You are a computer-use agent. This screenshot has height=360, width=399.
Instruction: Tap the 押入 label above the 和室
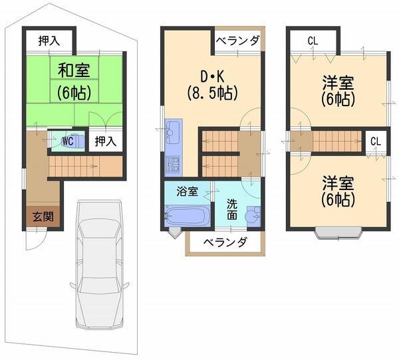coord(49,41)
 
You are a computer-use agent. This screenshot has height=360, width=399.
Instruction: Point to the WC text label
coord(67,141)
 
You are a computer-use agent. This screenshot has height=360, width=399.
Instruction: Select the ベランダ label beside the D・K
coord(237,41)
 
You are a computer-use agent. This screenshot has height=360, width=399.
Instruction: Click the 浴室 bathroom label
coord(187,192)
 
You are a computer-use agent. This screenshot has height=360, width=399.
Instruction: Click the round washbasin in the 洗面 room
coord(251,216)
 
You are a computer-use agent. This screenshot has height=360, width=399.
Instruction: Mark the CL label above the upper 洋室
coord(313,41)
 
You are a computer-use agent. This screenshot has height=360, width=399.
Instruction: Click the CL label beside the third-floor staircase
coord(376,141)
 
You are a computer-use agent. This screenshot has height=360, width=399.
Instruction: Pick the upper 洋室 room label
coord(338,92)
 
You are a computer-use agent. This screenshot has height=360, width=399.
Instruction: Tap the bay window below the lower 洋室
coord(339,232)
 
